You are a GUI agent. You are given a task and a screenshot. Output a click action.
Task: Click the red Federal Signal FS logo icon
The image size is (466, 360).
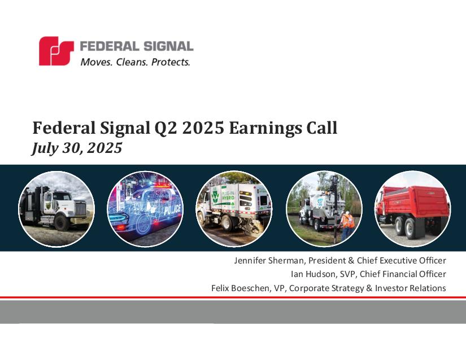pos(56,51)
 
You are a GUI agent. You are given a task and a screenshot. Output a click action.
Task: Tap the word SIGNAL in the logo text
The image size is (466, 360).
pos(168,46)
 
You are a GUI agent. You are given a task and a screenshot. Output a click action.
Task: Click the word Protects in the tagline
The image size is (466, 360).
pos(171,62)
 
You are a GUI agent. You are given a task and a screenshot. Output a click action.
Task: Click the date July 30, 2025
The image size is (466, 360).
pos(77,148)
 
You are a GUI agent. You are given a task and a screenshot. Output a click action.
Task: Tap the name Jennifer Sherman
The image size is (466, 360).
pos(269,260)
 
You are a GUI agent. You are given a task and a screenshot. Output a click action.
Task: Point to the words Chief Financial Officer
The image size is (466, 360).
pos(403,274)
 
